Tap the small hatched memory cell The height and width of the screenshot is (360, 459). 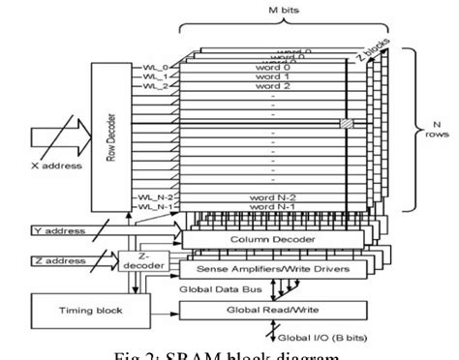(x=344, y=123)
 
